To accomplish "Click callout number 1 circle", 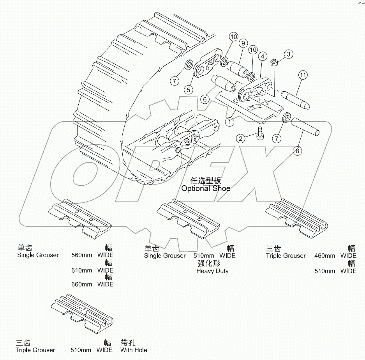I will (x=230, y=122).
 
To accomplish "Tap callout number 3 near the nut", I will (x=288, y=54).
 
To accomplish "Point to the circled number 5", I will (x=189, y=89).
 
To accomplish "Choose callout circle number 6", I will (x=204, y=99).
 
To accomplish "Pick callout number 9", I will (x=242, y=43).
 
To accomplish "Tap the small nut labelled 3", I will (x=274, y=62).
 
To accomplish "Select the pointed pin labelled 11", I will (x=296, y=99).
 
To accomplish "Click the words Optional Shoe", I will (x=206, y=188).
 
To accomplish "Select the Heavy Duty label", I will (x=212, y=271).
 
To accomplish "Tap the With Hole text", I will (x=134, y=350).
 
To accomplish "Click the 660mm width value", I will (x=81, y=284).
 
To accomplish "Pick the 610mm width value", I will (x=81, y=270).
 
